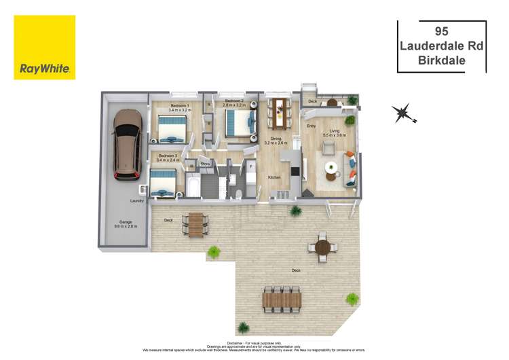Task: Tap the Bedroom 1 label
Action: [x=180, y=106]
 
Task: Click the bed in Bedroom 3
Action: [x=164, y=182]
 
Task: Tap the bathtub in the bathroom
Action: [x=193, y=185]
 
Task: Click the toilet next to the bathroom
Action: [x=240, y=195]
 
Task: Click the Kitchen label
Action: [x=274, y=177]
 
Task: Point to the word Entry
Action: [x=312, y=126]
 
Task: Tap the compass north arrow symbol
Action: [x=402, y=113]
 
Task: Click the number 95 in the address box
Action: [x=442, y=29]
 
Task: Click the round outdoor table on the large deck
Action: [x=322, y=246]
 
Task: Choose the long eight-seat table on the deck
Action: [x=281, y=297]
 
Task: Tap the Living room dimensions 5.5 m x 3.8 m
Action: [x=335, y=136]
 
